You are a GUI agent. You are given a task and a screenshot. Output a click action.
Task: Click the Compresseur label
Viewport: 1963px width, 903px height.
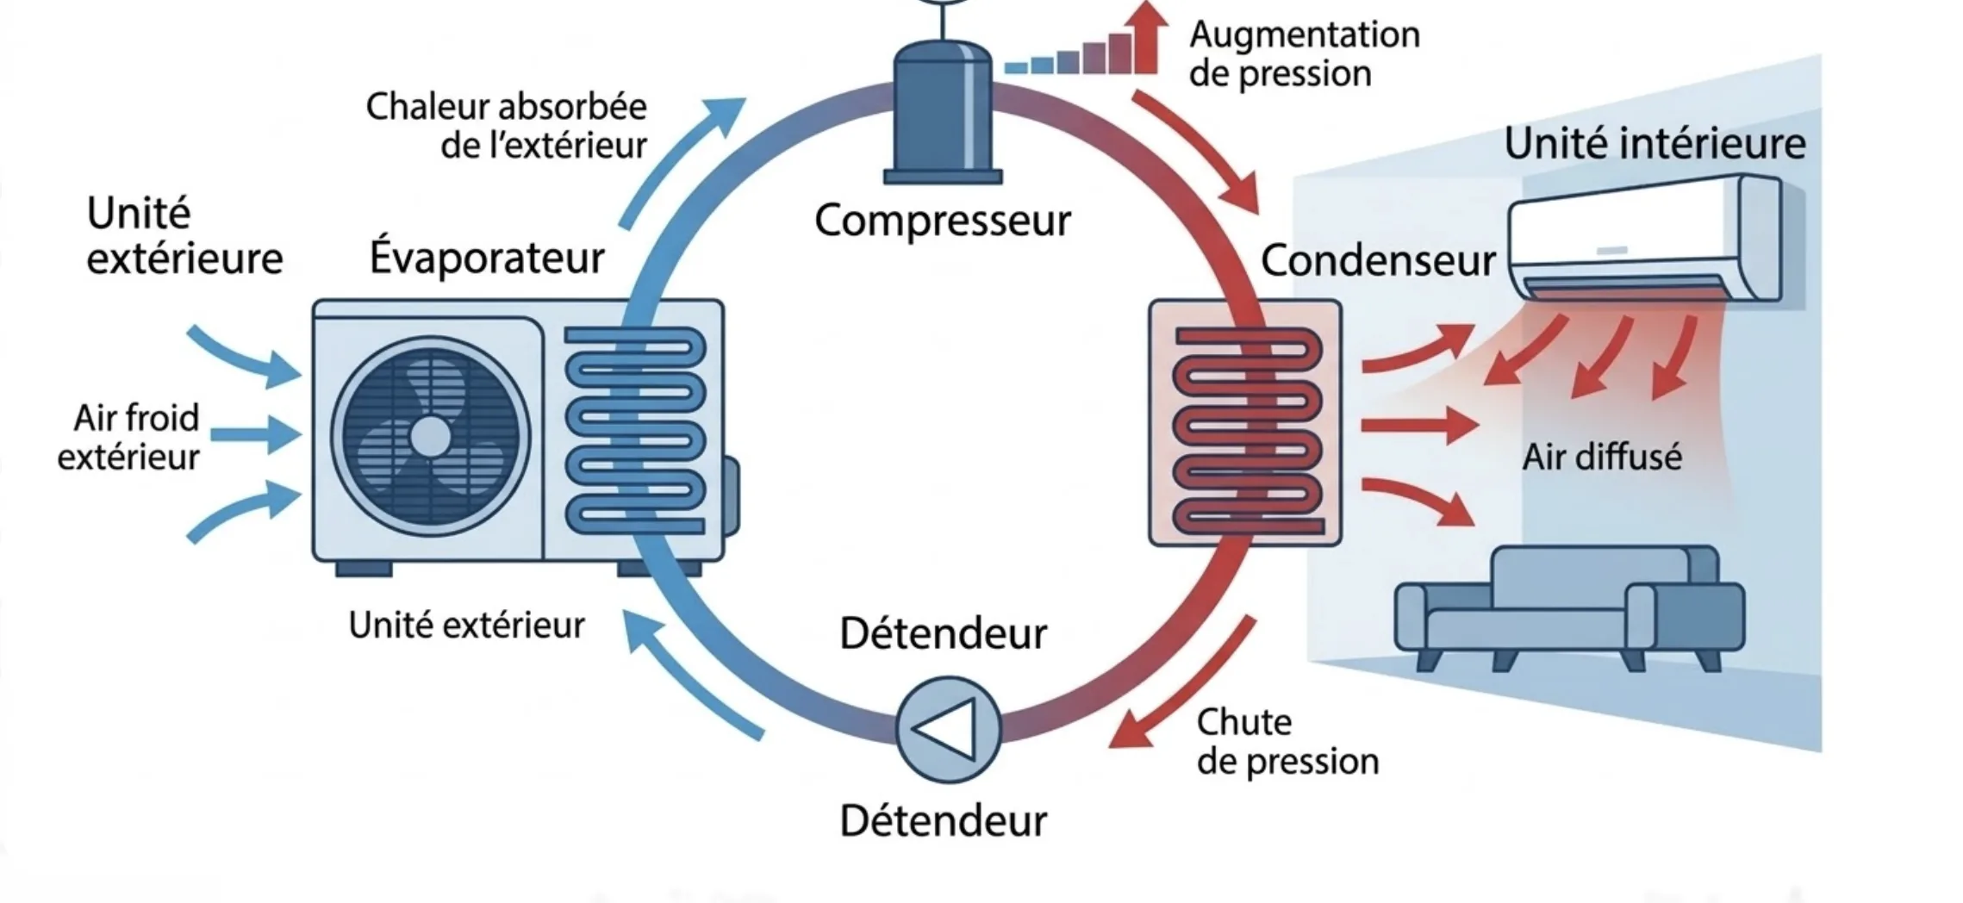pos(942,221)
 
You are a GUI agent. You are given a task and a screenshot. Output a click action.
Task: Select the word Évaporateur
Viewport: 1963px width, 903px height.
pos(487,257)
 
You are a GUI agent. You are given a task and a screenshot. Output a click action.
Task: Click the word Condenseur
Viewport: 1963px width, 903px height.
pos(1377,260)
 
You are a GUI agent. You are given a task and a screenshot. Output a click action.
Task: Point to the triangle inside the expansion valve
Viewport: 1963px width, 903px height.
pos(946,729)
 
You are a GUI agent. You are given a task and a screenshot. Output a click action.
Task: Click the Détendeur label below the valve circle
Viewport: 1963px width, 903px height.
pos(943,820)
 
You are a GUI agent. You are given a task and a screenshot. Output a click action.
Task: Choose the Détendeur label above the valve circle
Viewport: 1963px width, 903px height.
pos(943,634)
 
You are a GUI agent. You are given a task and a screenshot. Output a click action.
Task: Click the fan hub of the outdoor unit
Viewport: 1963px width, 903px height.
pos(430,436)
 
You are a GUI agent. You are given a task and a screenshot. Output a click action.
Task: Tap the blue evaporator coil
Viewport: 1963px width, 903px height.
pos(636,429)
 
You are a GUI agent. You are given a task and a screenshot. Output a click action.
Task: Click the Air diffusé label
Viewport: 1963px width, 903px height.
pos(1601,457)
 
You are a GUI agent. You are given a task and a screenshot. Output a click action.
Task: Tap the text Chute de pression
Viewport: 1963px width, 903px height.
pos(1287,742)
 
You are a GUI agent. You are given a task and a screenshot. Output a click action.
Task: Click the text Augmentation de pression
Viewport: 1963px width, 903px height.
pos(1303,53)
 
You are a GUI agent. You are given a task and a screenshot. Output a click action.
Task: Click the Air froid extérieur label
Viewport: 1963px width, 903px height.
pos(129,437)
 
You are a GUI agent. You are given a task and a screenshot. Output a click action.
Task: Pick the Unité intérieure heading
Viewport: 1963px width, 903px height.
pos(1654,143)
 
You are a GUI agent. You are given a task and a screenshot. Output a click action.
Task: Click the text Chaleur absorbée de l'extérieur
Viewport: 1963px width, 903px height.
pos(507,126)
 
